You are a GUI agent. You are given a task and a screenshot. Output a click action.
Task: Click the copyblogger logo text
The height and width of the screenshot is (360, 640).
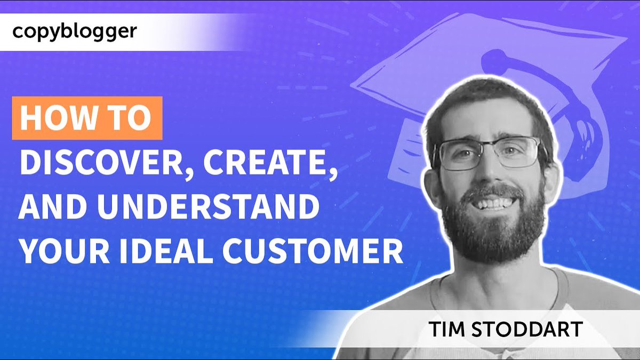click(74, 31)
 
